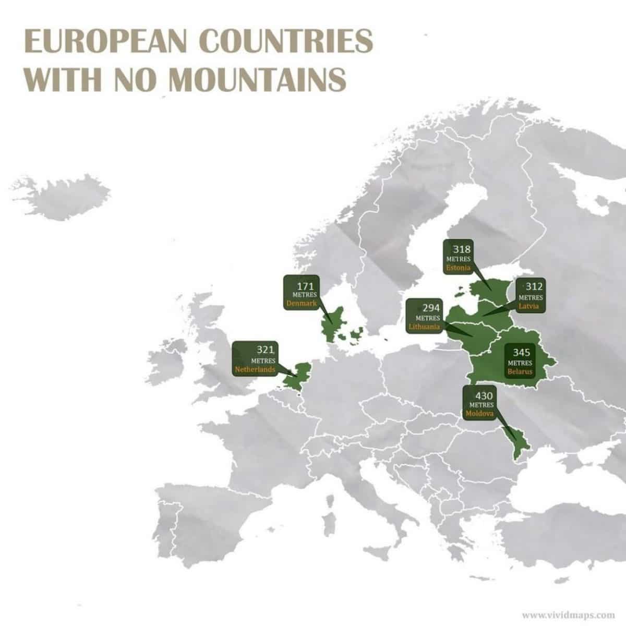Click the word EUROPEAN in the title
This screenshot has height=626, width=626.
105,41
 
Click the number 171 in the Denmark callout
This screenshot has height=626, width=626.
305,286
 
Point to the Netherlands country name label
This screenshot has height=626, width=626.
255,369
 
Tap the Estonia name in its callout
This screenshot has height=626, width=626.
459,268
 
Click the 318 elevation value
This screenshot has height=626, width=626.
462,249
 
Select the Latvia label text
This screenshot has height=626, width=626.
531,306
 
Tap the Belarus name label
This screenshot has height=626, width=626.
520,371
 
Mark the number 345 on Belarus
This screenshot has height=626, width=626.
522,353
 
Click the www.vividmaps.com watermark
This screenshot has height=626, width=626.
568,614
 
